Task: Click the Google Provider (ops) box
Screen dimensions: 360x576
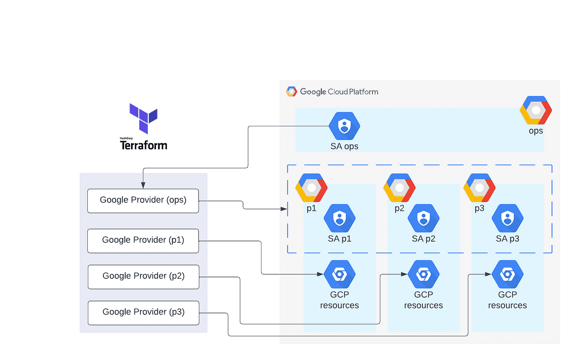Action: coord(143,201)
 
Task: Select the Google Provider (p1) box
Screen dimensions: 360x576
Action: coord(143,240)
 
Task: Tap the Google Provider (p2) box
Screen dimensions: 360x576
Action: coord(143,276)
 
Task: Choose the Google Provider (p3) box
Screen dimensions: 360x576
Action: coord(143,312)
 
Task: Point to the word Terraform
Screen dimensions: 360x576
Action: coord(144,145)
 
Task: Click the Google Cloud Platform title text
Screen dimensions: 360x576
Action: coord(339,92)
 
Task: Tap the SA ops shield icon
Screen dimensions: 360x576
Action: coord(344,126)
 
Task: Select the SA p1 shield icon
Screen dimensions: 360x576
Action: coord(339,218)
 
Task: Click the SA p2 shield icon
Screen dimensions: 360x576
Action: coord(423,218)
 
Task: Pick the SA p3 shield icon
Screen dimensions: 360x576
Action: coord(507,218)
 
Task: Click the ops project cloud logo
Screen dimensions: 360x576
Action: coord(536,110)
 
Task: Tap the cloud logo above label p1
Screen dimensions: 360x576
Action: coord(311,188)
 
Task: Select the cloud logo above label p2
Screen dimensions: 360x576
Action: coord(399,188)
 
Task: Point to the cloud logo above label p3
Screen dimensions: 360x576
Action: coord(479,188)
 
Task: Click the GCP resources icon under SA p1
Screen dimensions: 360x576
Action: coord(339,275)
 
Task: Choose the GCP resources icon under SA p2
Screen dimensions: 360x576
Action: coord(423,275)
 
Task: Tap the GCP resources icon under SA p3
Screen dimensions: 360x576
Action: coord(507,275)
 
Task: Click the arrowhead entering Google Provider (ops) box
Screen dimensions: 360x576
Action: coord(143,186)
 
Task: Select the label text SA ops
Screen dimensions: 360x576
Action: coord(344,146)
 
